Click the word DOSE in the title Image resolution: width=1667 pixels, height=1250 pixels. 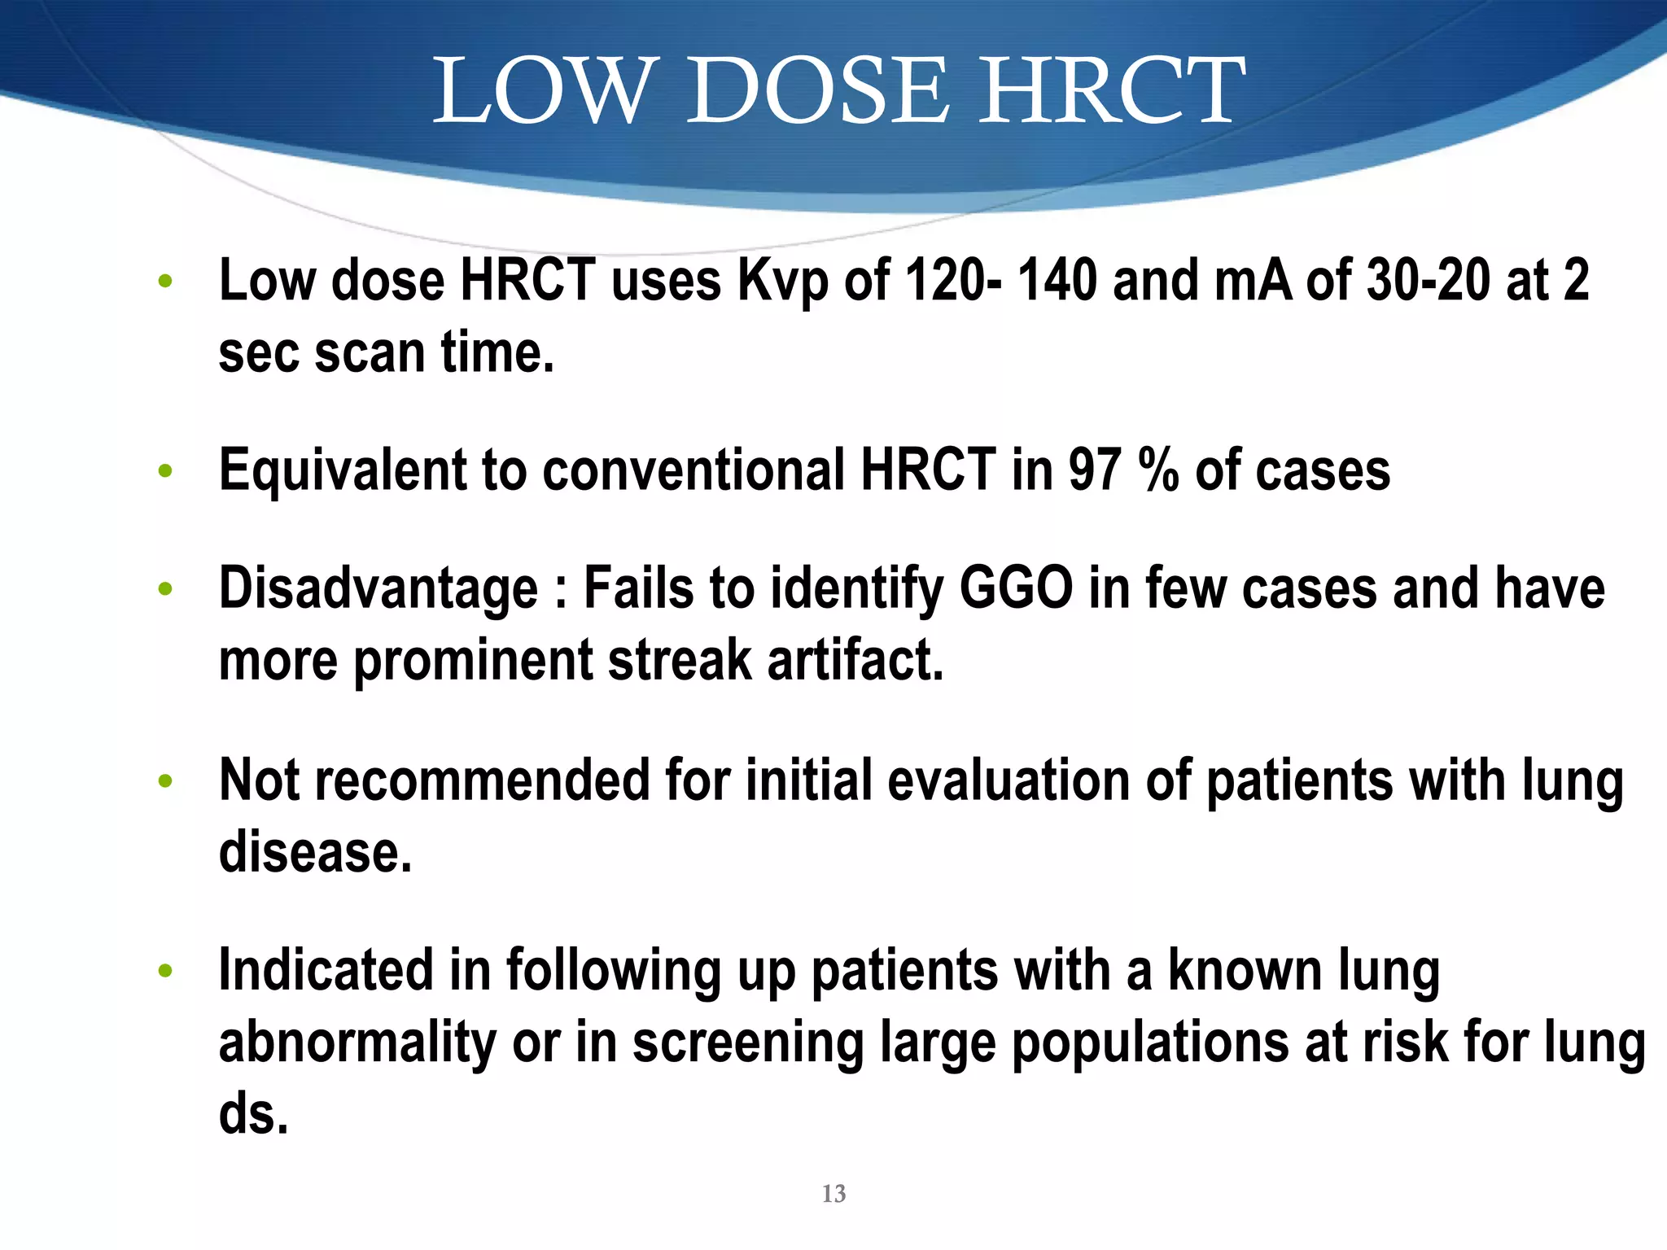[x=818, y=91]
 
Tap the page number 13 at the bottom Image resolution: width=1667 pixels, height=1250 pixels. [x=833, y=1193]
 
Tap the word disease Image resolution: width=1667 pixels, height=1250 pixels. [x=315, y=852]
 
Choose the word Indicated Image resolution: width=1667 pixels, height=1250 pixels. [x=326, y=970]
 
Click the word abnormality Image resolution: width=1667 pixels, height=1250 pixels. [x=357, y=1043]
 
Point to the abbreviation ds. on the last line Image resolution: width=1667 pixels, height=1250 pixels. [x=253, y=1114]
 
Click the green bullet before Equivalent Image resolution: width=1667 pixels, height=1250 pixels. [x=165, y=470]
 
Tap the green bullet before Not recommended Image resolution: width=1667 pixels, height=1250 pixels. [x=165, y=781]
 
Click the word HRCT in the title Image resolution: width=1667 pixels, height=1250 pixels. [x=1111, y=91]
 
